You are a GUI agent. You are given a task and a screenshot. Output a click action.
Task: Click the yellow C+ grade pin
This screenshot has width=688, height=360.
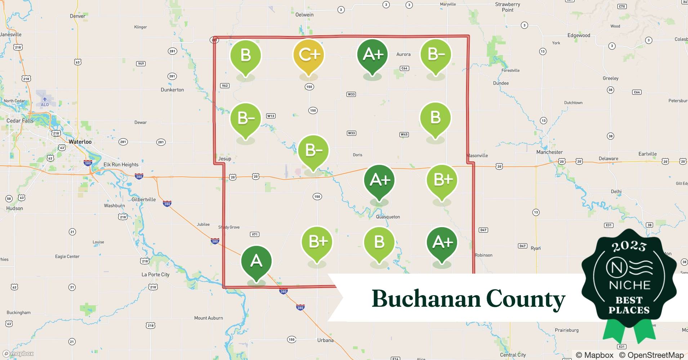point(309,55)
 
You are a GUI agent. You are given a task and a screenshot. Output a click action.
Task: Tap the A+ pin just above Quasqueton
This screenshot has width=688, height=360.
point(379,180)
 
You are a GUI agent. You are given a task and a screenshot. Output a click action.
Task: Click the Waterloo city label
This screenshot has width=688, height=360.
point(80,142)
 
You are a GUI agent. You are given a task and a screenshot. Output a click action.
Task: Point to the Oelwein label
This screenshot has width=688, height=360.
point(304,15)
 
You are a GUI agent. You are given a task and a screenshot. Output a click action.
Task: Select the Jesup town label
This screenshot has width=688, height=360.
point(224,158)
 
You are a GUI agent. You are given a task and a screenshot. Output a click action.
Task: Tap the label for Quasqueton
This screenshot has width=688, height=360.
point(388,217)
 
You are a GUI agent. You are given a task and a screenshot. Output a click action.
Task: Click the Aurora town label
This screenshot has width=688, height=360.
point(403,54)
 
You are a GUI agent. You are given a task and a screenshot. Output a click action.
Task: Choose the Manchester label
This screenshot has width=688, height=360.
point(549,152)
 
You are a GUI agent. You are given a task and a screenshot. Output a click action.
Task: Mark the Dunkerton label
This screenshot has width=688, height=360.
point(172,90)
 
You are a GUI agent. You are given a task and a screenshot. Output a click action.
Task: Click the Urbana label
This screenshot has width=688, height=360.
point(325,340)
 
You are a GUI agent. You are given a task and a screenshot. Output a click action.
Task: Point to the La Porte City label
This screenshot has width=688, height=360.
point(155,274)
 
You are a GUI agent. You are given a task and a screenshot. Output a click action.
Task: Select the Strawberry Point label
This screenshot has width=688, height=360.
point(508,7)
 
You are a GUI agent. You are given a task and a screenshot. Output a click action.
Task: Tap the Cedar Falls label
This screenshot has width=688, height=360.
point(20,121)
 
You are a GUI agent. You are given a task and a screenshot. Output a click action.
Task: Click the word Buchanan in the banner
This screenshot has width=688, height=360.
point(425,299)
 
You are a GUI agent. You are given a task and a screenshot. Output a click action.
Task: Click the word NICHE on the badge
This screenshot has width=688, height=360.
point(629,285)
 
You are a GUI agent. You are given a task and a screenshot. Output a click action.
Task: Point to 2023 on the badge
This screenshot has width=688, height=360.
point(629,246)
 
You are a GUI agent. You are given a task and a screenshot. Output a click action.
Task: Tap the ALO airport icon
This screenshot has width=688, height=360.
point(45,99)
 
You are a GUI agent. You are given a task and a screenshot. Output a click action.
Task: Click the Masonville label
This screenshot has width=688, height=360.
point(477,156)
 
